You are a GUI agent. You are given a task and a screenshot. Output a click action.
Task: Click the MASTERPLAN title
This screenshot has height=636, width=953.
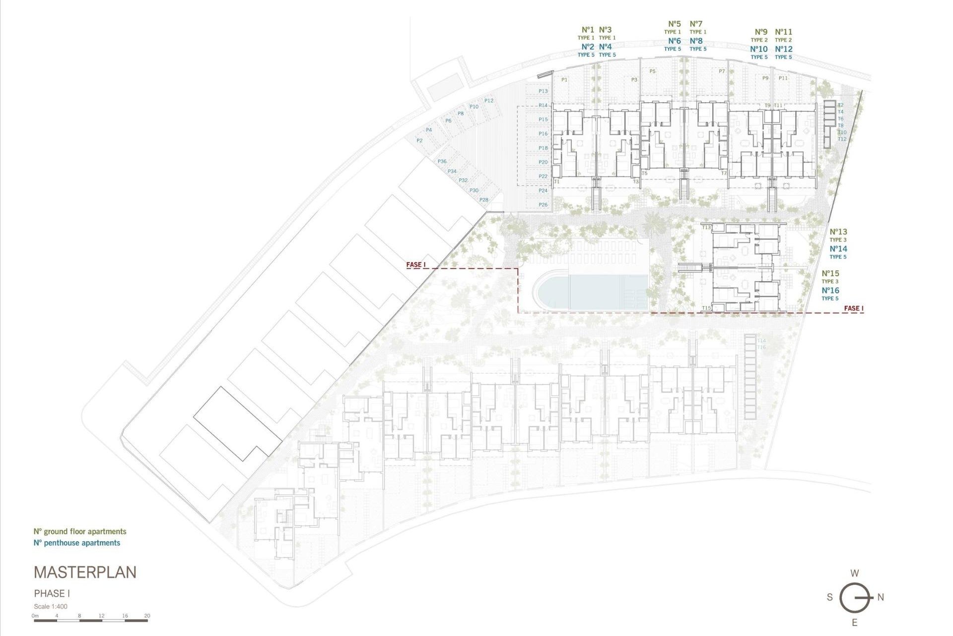(85, 572)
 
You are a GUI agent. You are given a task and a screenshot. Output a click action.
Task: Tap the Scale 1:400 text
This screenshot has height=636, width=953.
(51, 606)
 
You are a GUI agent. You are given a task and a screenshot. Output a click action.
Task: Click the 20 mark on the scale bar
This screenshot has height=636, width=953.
(147, 616)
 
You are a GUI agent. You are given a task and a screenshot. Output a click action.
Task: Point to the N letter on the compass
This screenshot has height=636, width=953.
(881, 597)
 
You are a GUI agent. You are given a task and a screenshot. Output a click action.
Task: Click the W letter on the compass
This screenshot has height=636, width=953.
(854, 573)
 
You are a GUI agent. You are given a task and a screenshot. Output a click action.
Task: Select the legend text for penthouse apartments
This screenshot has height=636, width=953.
(77, 543)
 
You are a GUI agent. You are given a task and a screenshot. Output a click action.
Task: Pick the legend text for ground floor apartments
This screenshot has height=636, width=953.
(80, 532)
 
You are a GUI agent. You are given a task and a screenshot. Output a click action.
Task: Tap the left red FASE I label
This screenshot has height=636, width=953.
(416, 265)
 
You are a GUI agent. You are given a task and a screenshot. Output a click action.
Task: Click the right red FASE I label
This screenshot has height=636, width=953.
(853, 309)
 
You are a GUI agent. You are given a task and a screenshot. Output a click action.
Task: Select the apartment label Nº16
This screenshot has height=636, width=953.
(830, 291)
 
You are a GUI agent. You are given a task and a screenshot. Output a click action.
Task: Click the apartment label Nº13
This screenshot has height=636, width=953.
(838, 232)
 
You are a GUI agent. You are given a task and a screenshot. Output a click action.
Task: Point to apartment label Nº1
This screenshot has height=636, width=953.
(588, 30)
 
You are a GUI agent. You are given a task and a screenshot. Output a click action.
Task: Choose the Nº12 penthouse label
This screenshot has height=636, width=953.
(784, 49)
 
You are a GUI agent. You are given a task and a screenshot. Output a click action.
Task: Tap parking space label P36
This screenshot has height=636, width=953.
(442, 161)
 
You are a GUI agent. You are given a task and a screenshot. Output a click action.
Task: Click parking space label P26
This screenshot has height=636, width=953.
(543, 205)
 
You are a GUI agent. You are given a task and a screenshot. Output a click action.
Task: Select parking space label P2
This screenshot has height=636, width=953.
(419, 141)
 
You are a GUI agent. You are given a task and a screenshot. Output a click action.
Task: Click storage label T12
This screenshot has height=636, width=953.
(842, 139)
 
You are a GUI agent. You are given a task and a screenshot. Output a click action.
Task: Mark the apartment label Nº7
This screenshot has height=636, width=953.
(696, 24)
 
